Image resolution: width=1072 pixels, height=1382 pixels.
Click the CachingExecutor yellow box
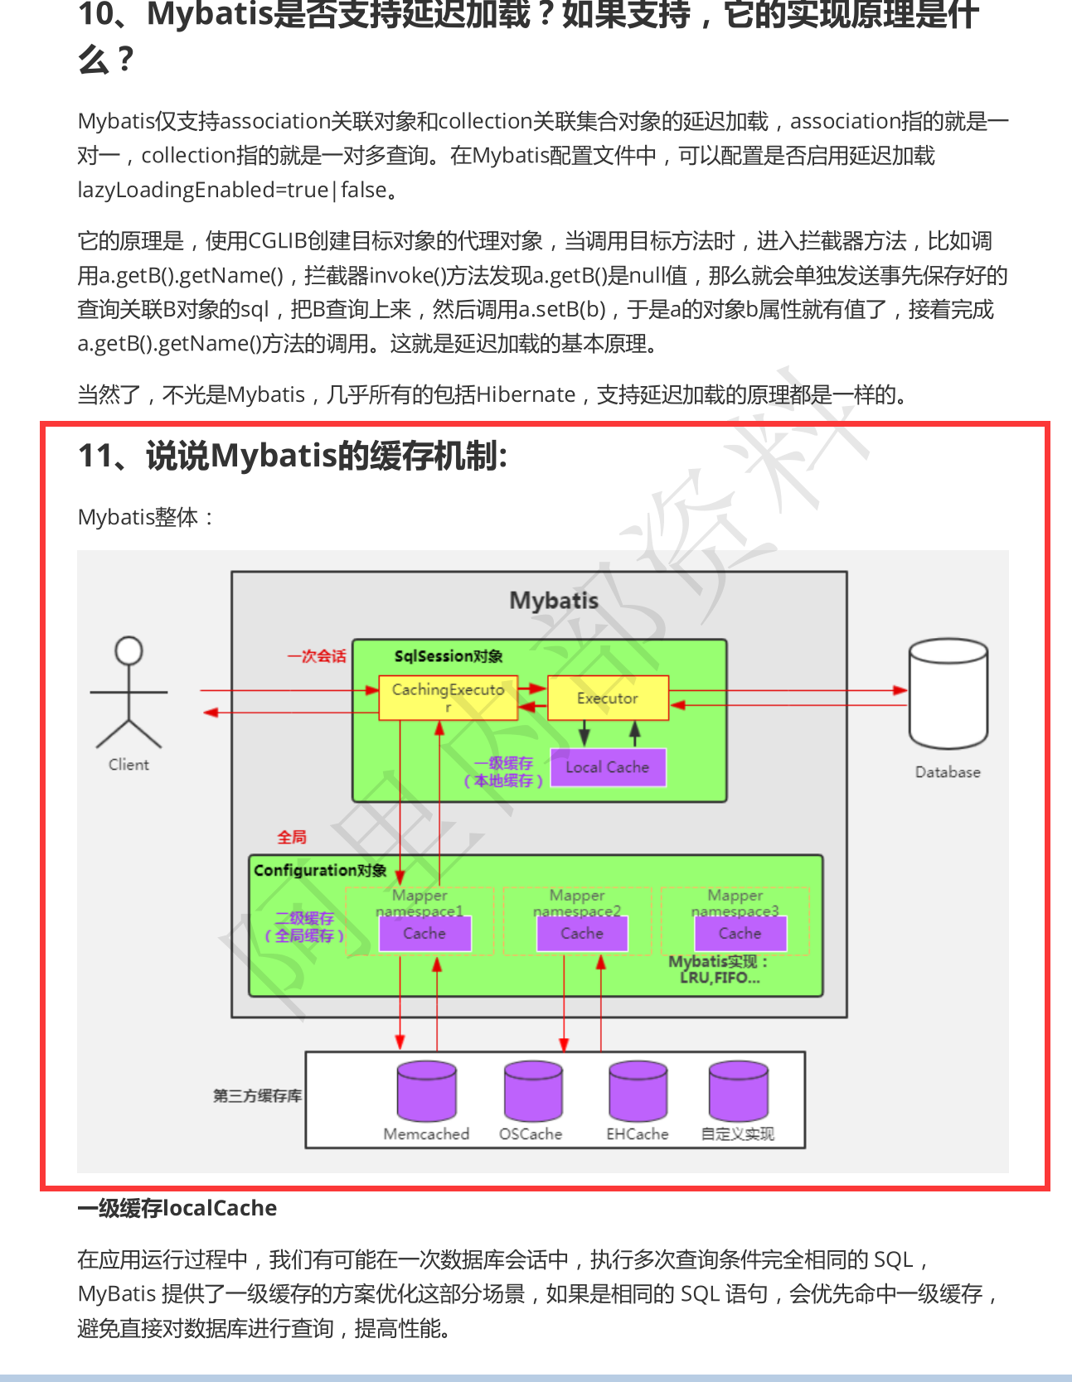coord(448,698)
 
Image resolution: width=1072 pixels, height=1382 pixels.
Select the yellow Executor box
coord(608,698)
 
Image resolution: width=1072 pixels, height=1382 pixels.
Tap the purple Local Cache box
coord(608,767)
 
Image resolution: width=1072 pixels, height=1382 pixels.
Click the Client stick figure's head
coord(129,650)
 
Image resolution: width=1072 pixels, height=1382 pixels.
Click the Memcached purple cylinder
coord(426,1090)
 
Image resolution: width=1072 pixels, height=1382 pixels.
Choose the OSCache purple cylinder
coord(533,1090)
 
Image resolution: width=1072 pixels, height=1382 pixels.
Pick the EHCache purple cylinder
coord(638,1090)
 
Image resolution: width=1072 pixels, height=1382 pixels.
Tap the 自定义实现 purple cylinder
coord(738,1090)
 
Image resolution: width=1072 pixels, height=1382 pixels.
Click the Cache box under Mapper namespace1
coord(424,934)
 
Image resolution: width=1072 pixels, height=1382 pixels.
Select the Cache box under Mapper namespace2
coord(582,934)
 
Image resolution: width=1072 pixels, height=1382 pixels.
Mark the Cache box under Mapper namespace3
coord(740,934)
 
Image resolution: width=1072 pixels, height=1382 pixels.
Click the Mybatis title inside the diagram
coord(554,601)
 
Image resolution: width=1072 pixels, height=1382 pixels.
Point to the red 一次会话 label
coord(317,656)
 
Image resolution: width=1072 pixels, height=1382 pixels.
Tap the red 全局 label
coord(292,838)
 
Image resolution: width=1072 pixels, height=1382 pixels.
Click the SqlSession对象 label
coord(449,656)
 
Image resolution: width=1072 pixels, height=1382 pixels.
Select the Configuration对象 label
coord(320,871)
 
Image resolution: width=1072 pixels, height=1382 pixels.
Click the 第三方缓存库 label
coord(257,1096)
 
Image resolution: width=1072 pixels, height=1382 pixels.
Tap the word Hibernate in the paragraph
coord(526,394)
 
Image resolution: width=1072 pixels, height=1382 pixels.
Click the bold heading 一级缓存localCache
coord(177,1208)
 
